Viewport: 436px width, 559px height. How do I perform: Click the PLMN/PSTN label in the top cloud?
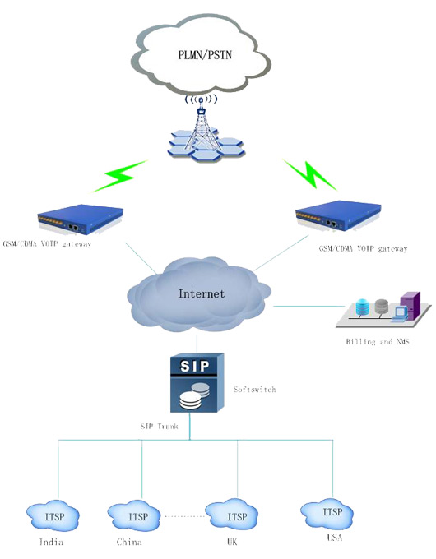click(205, 55)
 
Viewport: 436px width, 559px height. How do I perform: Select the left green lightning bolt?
click(118, 176)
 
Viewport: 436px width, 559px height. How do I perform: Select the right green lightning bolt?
click(310, 174)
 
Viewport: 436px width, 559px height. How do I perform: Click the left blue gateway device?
click(81, 218)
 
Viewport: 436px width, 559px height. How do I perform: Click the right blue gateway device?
click(338, 215)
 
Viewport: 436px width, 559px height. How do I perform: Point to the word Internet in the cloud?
click(202, 293)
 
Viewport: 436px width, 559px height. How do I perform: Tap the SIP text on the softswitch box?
click(194, 366)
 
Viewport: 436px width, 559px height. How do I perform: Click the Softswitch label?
click(255, 390)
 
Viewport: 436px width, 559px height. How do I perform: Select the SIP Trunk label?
click(159, 426)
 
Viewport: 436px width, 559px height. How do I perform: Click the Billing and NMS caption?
click(378, 341)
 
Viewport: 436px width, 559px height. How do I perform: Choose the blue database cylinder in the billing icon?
click(362, 307)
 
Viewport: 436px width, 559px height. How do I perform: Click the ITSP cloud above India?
click(53, 516)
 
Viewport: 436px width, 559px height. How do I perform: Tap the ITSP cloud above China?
click(134, 516)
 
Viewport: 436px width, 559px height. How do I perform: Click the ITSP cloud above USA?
click(327, 513)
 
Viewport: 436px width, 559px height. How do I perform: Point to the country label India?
click(51, 543)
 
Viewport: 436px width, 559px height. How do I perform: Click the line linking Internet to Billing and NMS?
click(309, 307)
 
